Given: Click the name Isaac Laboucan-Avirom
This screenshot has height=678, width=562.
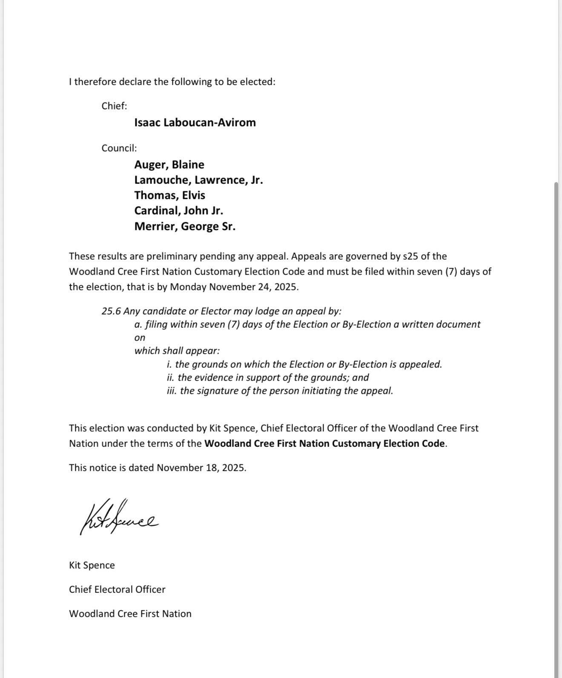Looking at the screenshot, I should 195,123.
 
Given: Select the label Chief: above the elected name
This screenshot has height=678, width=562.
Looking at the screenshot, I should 114,106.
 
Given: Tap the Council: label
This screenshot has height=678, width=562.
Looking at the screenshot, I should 119,148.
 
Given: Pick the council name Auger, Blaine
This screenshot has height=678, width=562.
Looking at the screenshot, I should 169,165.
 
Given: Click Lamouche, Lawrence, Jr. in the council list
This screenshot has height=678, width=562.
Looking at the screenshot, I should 198,180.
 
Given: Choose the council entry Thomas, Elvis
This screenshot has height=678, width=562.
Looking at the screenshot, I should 169,195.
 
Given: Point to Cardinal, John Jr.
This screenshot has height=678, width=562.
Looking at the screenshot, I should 178,211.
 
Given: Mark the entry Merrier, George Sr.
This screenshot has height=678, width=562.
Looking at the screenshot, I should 185,226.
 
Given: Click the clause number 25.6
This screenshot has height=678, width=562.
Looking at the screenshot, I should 111,311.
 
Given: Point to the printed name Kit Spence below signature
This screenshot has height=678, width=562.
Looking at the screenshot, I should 92,565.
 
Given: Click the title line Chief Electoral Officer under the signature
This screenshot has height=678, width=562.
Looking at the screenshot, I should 117,589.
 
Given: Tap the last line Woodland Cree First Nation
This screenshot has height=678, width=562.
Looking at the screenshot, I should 130,614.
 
